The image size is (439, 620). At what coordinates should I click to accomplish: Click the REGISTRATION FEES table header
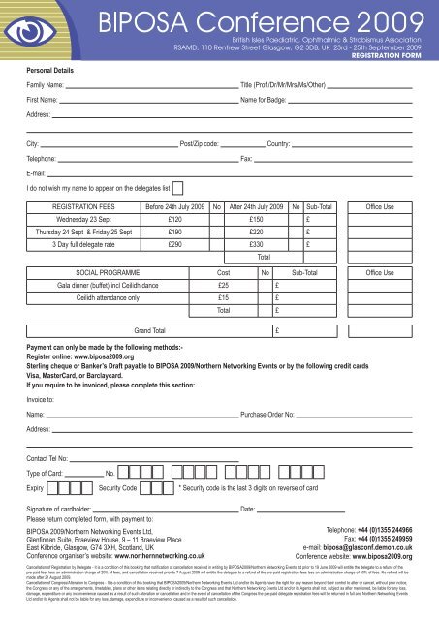click(x=87, y=206)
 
